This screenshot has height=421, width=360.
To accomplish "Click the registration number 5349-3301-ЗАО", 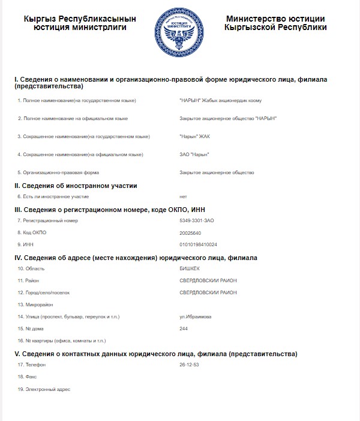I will (x=197, y=220).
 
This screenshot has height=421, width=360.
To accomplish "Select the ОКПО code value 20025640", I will (x=191, y=232).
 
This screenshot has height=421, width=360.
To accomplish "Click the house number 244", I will (x=184, y=329).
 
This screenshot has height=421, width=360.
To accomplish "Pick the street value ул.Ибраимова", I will (x=196, y=317).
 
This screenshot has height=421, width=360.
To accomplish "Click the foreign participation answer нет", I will (x=183, y=196).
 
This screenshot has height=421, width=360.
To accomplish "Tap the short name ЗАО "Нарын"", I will (x=194, y=154).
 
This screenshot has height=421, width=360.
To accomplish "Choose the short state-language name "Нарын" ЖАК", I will (x=195, y=136).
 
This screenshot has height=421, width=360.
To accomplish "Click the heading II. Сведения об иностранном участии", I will (x=76, y=186).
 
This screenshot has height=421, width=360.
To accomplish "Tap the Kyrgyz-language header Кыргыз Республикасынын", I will (x=80, y=19).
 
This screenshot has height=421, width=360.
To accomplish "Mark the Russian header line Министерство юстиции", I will (x=275, y=19).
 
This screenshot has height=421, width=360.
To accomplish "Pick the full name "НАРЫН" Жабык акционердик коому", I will (x=220, y=100).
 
